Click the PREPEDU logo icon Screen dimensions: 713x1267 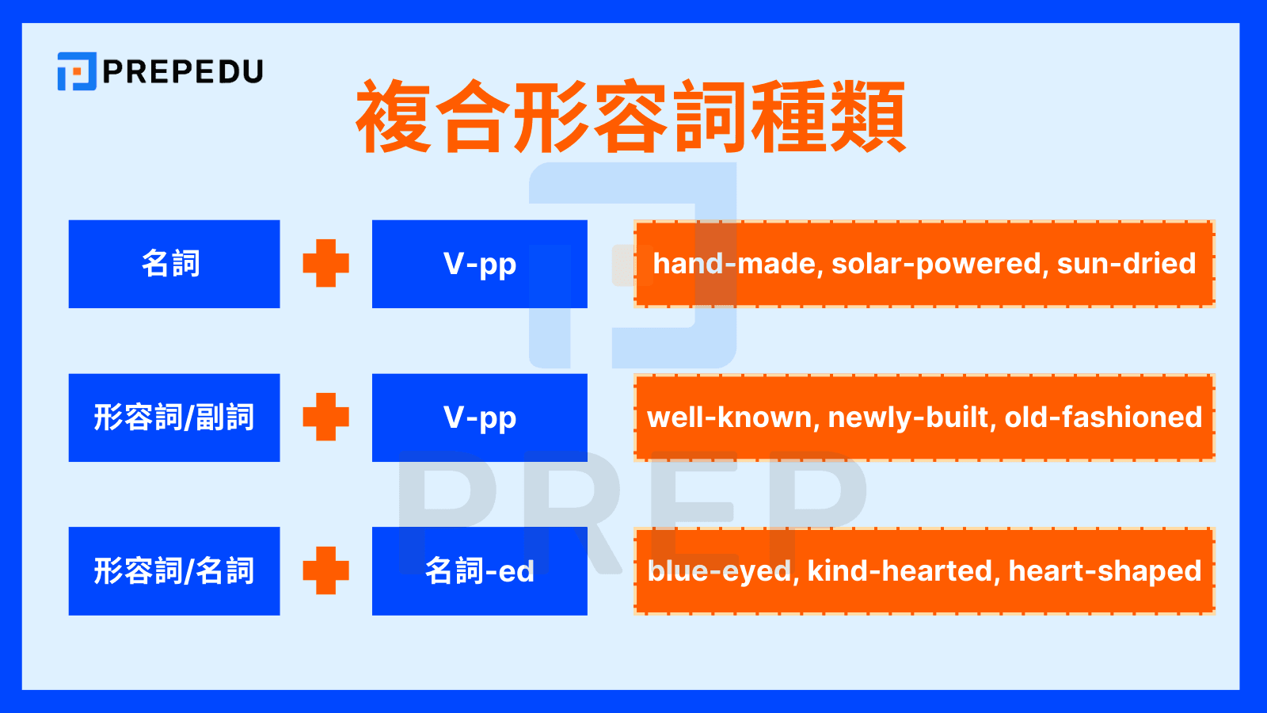tap(77, 71)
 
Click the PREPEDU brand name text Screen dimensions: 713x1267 tap(183, 72)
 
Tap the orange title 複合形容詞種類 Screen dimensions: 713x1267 tap(631, 116)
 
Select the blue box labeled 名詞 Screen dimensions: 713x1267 tap(174, 264)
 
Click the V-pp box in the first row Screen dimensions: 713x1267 tap(479, 264)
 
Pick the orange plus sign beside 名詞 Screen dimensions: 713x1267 tap(325, 263)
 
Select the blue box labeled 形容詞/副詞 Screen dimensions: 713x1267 tap(174, 418)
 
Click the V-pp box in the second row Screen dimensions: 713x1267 tap(479, 418)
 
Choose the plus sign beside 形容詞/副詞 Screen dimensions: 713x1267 tap(325, 417)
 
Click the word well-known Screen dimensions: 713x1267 tap(732, 418)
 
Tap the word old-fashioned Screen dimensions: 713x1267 tap(1103, 418)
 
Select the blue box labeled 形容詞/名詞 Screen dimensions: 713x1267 tap(174, 571)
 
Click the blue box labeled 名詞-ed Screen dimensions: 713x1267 tap(479, 571)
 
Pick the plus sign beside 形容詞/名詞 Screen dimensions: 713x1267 tap(325, 570)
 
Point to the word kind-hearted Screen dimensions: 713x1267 tap(900, 571)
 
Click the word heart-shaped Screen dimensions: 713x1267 tap(1105, 571)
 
